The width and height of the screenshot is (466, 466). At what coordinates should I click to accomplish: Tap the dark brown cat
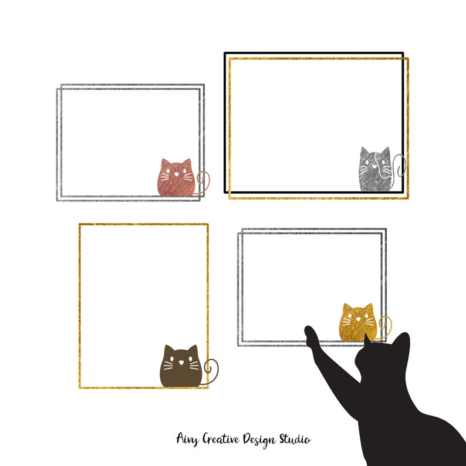[x=180, y=369]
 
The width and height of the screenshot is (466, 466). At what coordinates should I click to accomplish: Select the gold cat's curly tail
[x=384, y=324]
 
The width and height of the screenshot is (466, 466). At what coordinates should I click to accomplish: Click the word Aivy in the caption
[x=187, y=439]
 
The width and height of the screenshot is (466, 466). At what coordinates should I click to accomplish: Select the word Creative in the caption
[x=220, y=439]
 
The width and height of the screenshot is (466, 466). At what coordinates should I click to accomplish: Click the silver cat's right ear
[x=385, y=151]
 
